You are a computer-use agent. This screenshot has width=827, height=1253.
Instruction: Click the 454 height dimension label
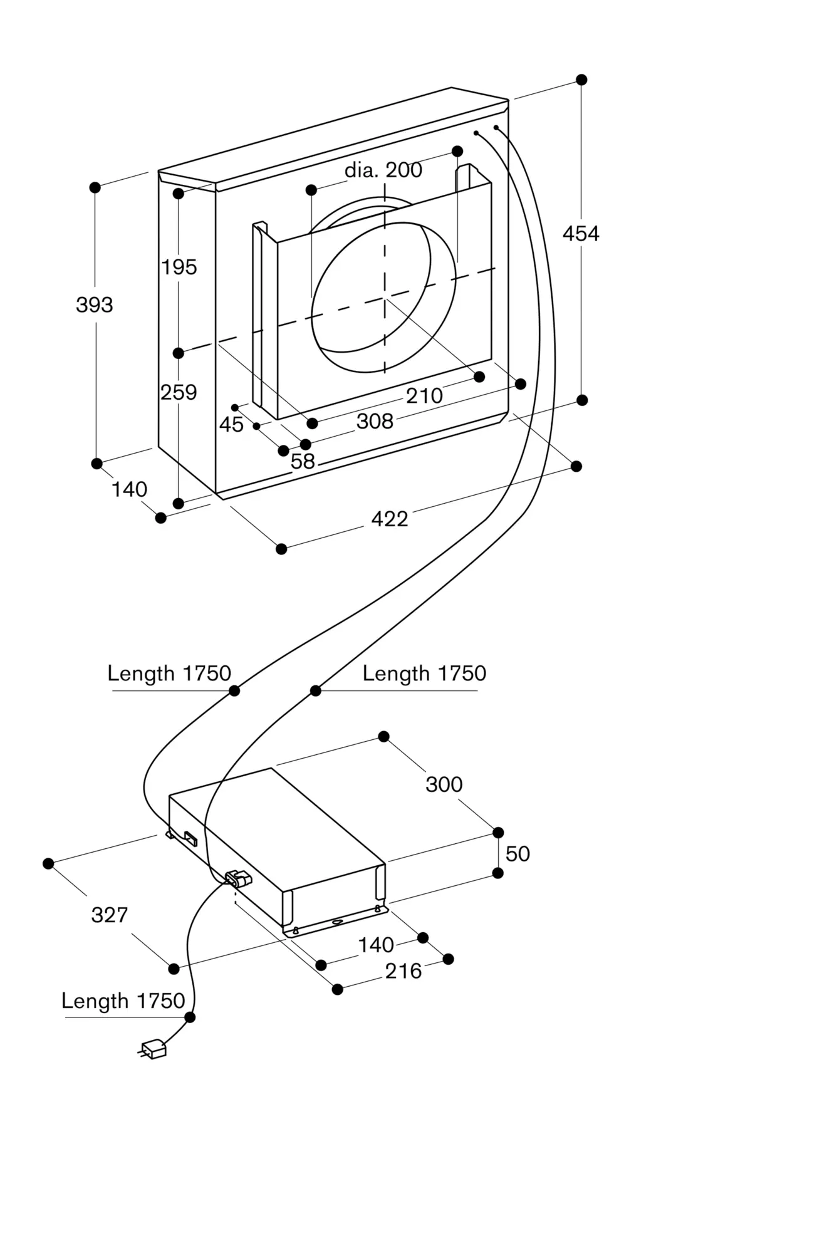coord(581,234)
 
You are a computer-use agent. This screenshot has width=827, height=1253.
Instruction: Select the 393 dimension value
coord(95,305)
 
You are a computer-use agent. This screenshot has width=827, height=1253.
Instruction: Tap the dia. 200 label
coord(383,170)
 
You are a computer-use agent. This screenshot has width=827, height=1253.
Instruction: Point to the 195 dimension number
coord(179,268)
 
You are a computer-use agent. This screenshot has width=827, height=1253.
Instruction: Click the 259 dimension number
coord(179,393)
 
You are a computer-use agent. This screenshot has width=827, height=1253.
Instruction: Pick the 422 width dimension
coord(389,519)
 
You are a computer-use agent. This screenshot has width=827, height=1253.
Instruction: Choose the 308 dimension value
coord(375,422)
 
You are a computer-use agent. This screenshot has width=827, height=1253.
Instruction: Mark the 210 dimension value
coord(424,396)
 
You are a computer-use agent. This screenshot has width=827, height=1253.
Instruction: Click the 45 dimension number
coord(231,425)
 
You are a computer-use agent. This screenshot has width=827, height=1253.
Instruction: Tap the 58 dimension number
coord(303,462)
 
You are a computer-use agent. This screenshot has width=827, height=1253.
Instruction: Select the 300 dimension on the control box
coord(444,784)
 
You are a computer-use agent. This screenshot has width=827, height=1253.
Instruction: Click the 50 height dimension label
coord(518,854)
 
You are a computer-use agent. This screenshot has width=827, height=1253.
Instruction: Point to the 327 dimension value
coord(110,915)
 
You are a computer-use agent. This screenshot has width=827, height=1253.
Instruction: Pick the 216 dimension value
coord(403,972)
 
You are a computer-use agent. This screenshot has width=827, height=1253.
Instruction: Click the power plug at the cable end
coord(153,1049)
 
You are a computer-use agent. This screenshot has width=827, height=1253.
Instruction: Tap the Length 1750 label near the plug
coord(123,1001)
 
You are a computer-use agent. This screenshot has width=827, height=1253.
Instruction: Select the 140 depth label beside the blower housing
coord(129,489)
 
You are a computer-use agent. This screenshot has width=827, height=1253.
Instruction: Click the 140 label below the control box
coord(375,945)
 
